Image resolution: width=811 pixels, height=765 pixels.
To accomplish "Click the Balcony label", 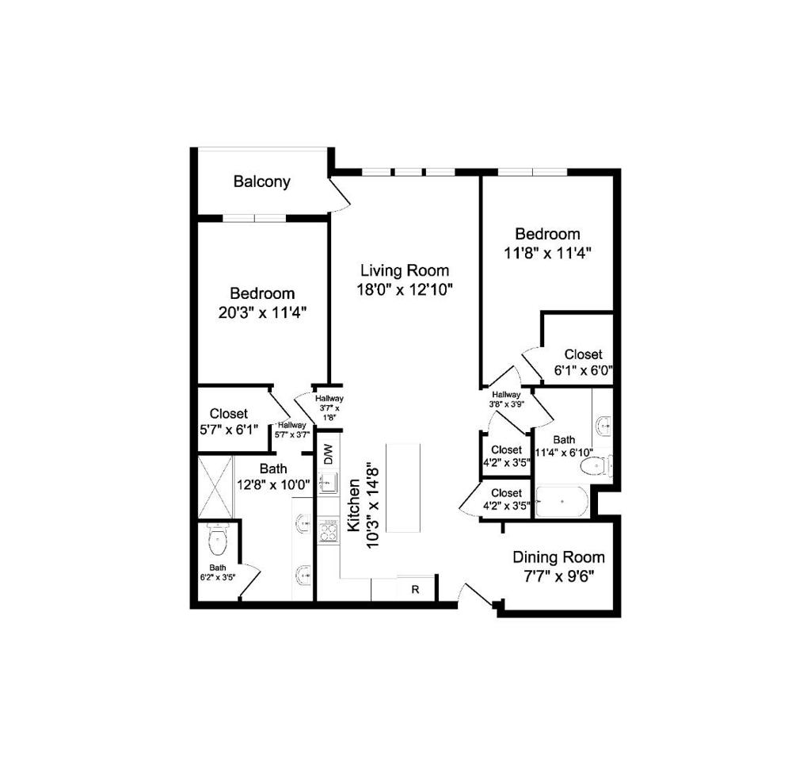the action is tap(261, 182).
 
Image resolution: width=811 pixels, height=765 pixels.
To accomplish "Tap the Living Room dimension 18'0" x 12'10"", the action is tap(405, 289).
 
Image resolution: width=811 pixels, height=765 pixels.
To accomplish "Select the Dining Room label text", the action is tap(558, 557).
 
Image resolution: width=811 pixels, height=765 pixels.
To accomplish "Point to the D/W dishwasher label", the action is tap(329, 454).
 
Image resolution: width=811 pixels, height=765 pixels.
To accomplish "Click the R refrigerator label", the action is tap(415, 590).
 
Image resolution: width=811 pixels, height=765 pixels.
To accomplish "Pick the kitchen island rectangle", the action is tap(403, 488).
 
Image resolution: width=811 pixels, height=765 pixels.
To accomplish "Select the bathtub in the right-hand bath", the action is tap(562, 501).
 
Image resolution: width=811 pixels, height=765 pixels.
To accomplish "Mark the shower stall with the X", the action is tap(215, 487).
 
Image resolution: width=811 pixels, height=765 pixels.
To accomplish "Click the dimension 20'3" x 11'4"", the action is tap(263, 313).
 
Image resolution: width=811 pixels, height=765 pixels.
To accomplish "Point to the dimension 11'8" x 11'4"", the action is tap(548, 254).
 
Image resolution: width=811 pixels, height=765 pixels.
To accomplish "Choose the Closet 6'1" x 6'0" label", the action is tap(584, 362).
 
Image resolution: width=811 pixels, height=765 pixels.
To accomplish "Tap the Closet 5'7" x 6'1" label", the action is tap(229, 421).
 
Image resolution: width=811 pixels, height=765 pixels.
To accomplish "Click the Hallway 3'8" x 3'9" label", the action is tap(506, 400).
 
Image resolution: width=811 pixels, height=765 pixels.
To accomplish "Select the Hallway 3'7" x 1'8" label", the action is tap(329, 407).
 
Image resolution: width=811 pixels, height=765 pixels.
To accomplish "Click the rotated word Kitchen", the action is tap(354, 505).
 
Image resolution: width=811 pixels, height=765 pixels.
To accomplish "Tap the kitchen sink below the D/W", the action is tap(328, 483).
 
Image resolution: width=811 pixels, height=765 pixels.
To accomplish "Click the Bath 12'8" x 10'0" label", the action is tap(273, 476).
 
